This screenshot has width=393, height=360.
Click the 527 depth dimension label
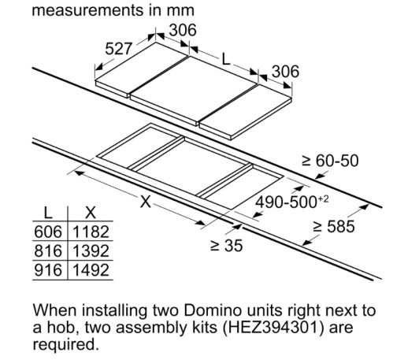click(118, 49)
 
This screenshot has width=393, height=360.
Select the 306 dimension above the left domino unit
click(183, 30)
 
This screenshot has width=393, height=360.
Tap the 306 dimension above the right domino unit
click(285, 72)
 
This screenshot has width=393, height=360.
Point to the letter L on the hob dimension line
click(226, 59)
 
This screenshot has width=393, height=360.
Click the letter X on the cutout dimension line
click(146, 202)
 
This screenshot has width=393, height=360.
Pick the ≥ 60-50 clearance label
click(330, 161)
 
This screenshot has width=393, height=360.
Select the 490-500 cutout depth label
click(292, 202)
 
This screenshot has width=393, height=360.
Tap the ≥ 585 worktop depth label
click(334, 226)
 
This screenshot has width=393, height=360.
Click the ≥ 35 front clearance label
click(227, 246)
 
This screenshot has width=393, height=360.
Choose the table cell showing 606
click(48, 232)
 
